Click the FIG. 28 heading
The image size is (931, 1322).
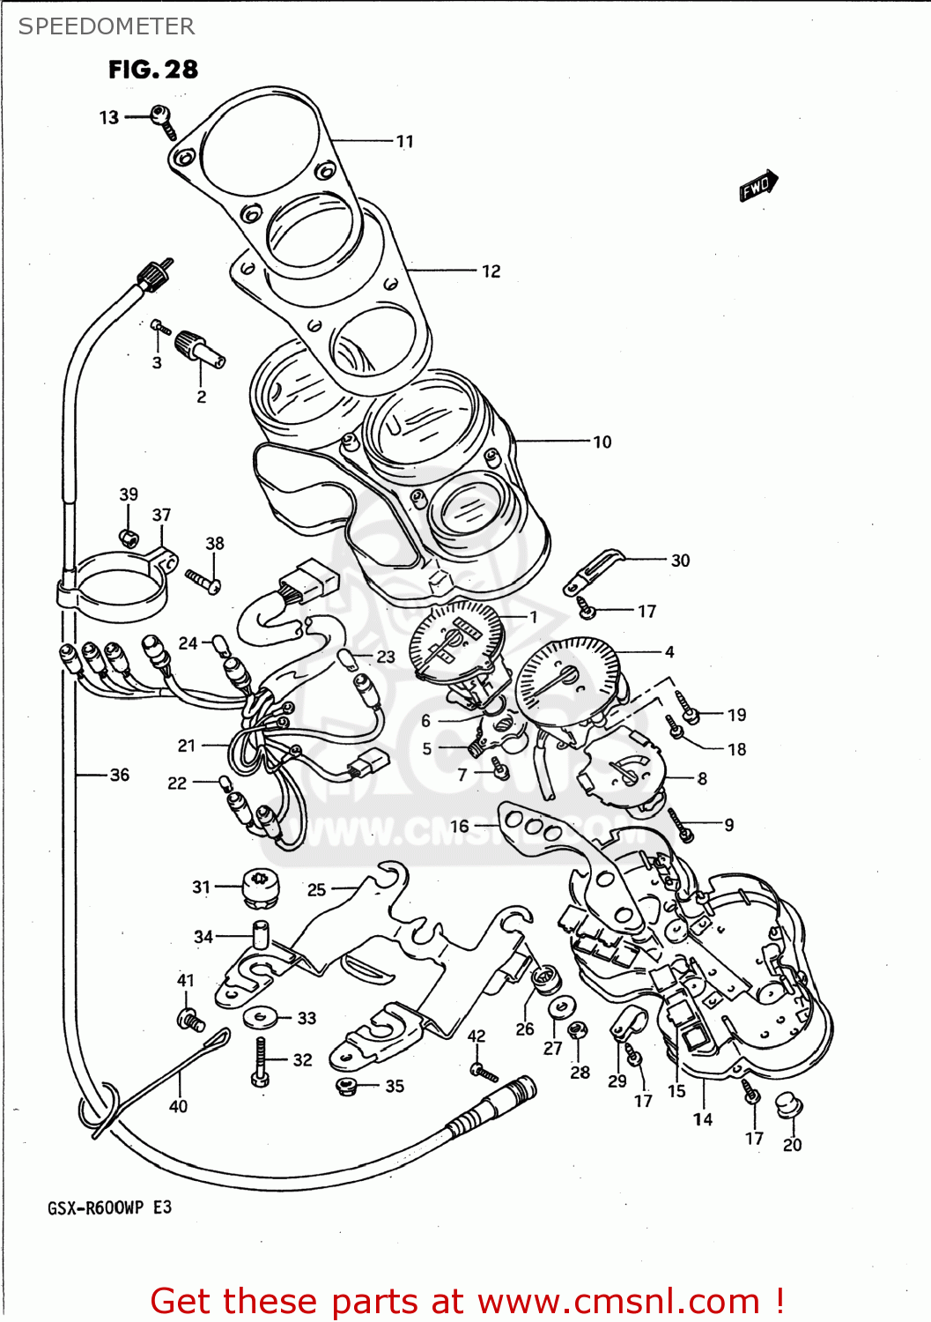pos(153,70)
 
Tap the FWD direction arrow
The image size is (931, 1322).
pos(758,186)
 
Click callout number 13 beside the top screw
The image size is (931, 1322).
pos(108,117)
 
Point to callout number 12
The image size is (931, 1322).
pos(491,271)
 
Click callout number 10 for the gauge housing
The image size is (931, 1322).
pos(602,442)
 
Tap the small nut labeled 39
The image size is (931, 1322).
pos(129,537)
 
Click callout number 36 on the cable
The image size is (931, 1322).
pos(119,775)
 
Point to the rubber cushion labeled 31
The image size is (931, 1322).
pos(260,888)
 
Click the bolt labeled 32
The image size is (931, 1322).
pos(260,1062)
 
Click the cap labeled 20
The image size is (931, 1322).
pos(787,1103)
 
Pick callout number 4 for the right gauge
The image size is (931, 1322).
pos(669,652)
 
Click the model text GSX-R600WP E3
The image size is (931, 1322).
pos(109,1207)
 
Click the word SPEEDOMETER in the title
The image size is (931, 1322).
pos(107,26)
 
